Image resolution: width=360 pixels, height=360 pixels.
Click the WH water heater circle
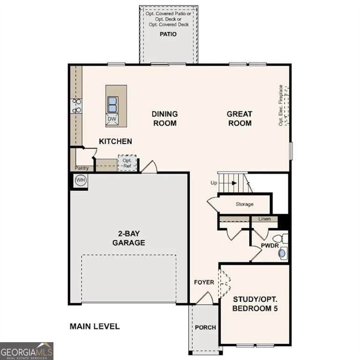80,180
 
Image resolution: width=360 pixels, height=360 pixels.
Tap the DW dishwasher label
112,119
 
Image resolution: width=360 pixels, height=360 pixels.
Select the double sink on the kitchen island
112,105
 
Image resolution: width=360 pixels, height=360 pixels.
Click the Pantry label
82,168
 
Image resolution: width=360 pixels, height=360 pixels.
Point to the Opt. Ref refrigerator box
127,163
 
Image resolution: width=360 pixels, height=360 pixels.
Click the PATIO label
168,34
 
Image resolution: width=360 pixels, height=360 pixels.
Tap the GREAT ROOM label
240,119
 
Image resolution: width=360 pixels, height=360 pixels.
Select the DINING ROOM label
165,119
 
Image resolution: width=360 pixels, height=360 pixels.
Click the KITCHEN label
115,142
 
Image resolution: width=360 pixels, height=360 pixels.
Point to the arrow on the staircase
234,183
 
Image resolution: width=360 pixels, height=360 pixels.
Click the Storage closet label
245,204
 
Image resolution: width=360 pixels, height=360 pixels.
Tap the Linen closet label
264,219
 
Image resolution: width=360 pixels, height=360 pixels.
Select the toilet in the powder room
281,239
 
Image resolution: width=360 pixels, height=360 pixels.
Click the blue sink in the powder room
282,254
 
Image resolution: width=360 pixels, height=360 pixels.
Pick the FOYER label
204,282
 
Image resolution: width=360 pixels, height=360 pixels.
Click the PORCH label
205,327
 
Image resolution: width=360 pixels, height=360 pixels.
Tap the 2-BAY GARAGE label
129,238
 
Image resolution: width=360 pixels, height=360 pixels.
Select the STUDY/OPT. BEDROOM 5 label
255,304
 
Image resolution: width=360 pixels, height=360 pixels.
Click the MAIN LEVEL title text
95,326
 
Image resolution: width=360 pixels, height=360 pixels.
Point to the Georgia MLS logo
27,351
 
